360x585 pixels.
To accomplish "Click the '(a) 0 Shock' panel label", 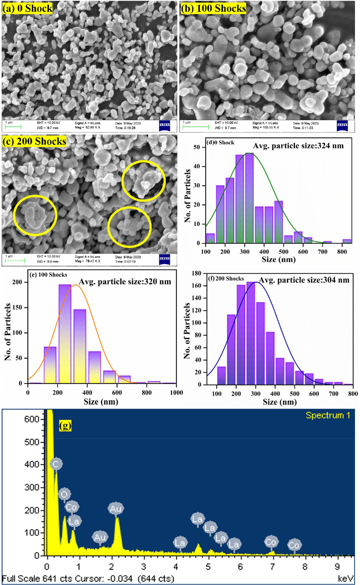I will [x=27, y=8].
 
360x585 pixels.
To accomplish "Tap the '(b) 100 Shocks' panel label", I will [x=213, y=8].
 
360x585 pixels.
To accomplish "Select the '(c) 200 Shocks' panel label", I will [x=34, y=141].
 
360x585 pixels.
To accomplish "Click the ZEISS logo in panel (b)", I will [x=342, y=125].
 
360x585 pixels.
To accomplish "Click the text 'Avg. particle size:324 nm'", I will [x=298, y=146].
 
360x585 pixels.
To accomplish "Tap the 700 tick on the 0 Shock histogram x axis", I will [x=323, y=252].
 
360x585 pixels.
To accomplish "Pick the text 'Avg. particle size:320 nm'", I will [x=125, y=282].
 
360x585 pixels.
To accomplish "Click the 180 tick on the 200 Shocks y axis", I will [x=197, y=273].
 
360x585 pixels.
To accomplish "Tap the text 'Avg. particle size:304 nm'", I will [x=304, y=280].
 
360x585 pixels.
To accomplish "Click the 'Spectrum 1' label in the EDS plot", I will [x=328, y=415].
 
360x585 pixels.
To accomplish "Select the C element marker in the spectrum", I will [x=56, y=464].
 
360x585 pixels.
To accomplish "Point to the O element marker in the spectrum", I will [x=64, y=494].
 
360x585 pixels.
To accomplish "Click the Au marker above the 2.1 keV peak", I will [x=116, y=509].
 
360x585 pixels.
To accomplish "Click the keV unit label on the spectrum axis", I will [x=345, y=579].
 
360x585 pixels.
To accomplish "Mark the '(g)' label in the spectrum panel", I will [x=65, y=426].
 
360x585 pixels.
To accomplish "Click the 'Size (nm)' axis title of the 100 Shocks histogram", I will [x=101, y=402].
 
